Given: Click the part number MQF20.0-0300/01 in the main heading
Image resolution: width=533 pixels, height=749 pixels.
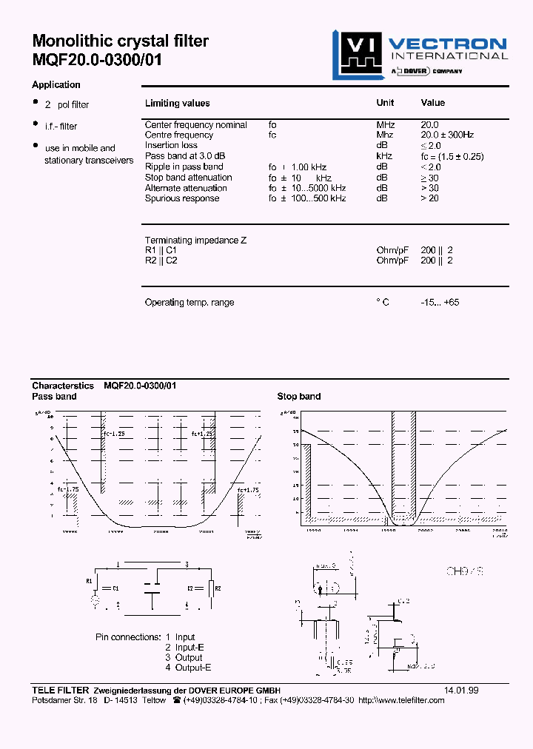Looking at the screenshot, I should [96, 61].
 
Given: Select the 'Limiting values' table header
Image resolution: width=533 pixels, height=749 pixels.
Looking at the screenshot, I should [177, 104].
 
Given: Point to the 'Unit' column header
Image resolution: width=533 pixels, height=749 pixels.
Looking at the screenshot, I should [385, 103].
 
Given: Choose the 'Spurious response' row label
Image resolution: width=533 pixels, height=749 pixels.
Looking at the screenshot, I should [182, 198].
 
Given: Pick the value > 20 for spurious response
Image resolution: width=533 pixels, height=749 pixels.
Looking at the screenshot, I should [429, 198].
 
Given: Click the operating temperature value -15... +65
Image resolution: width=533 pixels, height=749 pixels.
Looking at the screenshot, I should [440, 303].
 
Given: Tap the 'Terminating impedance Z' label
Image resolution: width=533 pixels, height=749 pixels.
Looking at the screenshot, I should [195, 241].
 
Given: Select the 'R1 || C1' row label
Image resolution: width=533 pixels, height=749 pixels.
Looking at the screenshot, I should [161, 251].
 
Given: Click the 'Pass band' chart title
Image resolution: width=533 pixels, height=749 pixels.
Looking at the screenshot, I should [54, 397].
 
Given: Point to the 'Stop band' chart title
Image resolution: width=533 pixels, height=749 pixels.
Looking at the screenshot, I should [299, 397].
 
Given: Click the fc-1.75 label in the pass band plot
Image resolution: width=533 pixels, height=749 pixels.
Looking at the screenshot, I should [68, 489].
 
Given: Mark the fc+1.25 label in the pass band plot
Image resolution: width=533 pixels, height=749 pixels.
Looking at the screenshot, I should [202, 434].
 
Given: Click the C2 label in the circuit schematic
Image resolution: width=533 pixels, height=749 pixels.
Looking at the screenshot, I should [190, 588].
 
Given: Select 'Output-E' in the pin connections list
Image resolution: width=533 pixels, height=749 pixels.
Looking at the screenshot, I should [188, 668].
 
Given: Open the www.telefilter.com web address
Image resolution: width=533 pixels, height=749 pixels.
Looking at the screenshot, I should [400, 701].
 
